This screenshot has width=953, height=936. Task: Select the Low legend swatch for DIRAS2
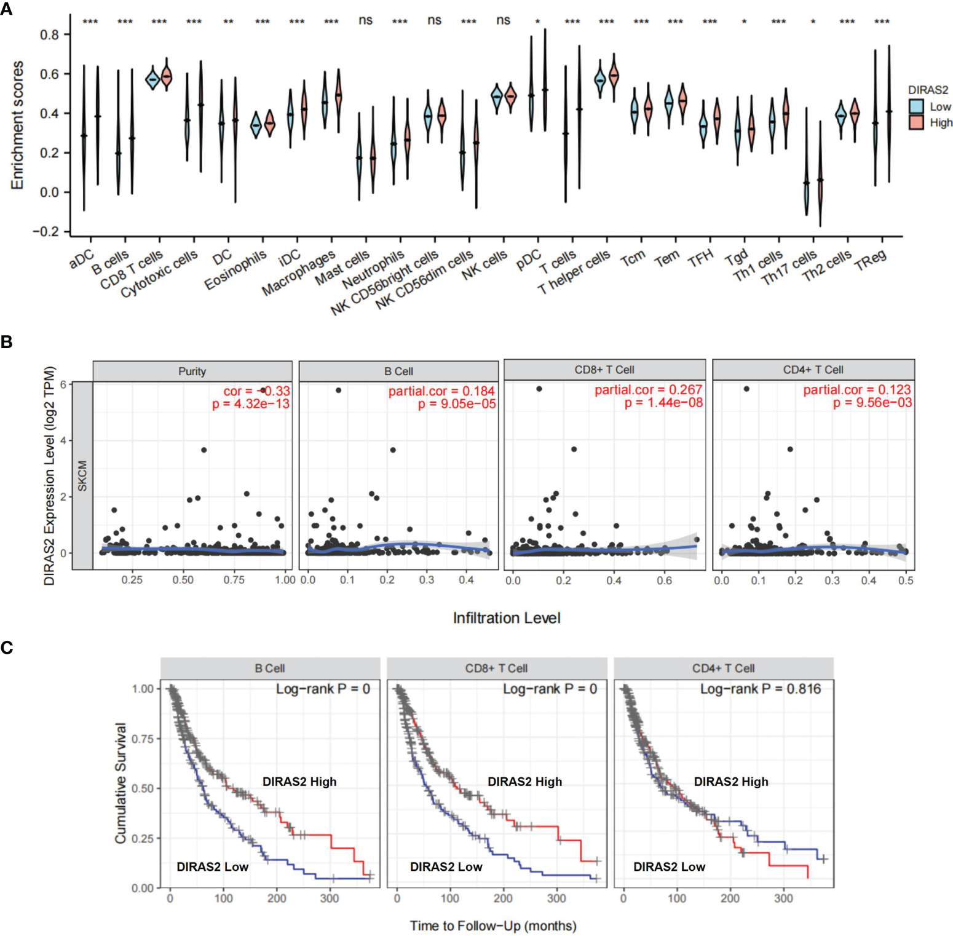[x=915, y=106]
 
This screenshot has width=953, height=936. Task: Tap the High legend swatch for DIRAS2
[x=915, y=122]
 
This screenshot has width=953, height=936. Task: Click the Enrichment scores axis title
[x=17, y=125]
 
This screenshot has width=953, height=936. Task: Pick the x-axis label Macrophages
[x=299, y=273]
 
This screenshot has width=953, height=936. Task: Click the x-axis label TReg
[x=870, y=259]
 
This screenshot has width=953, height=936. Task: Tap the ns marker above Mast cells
[x=365, y=20]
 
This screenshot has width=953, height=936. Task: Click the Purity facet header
[x=192, y=371]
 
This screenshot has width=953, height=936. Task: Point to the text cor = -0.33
[x=256, y=391]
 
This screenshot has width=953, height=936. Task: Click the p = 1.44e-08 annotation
[x=663, y=403]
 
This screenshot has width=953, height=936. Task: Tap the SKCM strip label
[x=82, y=475]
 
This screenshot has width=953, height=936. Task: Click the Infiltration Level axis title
[x=506, y=618]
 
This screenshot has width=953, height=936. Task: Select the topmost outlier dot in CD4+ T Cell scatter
[x=746, y=389]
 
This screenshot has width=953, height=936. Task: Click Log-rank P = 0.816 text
[x=760, y=689]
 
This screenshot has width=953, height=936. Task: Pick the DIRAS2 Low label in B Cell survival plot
[x=212, y=867]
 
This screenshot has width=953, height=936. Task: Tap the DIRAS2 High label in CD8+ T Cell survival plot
[x=524, y=782]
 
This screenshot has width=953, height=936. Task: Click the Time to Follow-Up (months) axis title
[x=493, y=926]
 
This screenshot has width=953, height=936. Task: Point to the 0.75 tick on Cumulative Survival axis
[x=143, y=739]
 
